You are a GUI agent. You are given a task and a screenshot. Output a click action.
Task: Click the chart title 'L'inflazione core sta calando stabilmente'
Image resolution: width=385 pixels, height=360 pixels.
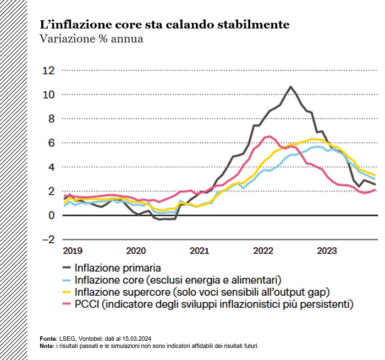(x=164, y=25)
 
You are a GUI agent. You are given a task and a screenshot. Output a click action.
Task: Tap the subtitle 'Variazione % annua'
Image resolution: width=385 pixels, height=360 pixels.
(x=91, y=39)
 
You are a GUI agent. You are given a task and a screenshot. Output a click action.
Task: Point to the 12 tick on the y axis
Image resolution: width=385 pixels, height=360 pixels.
(x=50, y=70)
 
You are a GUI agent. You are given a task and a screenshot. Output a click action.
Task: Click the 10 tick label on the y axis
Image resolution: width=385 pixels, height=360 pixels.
(x=50, y=95)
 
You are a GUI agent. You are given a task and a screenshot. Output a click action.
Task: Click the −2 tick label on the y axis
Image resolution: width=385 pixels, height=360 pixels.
(x=48, y=240)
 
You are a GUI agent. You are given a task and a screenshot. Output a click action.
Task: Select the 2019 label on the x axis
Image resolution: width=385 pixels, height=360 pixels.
(x=72, y=251)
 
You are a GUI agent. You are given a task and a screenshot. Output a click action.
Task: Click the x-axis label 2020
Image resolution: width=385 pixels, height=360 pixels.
(x=136, y=251)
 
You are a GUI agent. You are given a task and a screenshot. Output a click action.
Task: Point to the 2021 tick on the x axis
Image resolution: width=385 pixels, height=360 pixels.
(x=199, y=251)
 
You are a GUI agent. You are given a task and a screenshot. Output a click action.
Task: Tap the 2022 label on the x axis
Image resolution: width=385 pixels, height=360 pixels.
(x=263, y=251)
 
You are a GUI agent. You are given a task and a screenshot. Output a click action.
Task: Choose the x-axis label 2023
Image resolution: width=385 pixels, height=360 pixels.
(x=327, y=251)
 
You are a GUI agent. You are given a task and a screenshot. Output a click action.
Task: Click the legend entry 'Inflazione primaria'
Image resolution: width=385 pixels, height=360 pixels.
(x=118, y=268)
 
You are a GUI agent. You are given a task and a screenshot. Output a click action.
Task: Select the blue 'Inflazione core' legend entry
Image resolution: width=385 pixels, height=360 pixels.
(x=178, y=279)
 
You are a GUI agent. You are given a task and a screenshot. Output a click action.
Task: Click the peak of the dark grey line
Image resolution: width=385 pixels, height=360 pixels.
(x=291, y=87)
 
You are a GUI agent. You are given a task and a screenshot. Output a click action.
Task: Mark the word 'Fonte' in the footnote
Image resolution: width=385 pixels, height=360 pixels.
(x=48, y=339)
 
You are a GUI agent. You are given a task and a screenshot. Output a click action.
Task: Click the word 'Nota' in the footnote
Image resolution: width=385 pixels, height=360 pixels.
(x=47, y=346)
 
